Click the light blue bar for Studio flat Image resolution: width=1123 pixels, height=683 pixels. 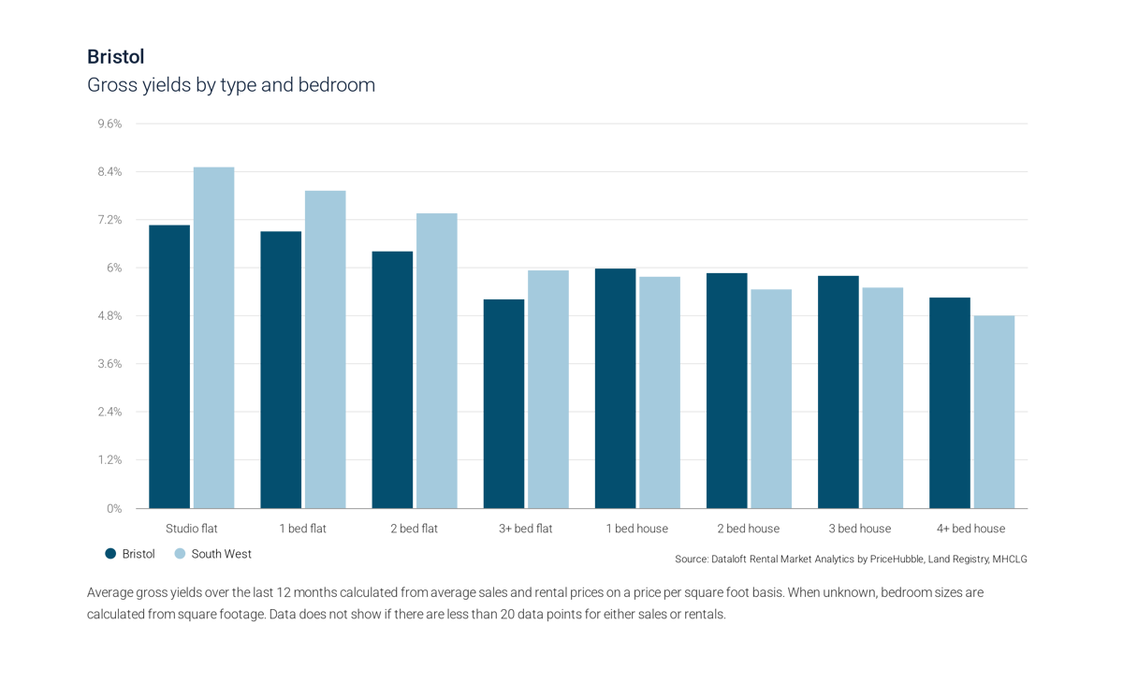(213, 337)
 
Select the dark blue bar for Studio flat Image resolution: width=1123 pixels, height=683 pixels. (169, 365)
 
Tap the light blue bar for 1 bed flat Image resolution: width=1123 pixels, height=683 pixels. (325, 348)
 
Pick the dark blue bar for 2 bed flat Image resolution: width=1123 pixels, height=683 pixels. (392, 379)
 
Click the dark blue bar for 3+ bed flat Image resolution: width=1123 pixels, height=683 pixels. (503, 402)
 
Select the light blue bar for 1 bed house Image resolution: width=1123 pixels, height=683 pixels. (660, 391)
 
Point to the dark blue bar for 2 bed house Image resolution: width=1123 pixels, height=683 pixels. (726, 389)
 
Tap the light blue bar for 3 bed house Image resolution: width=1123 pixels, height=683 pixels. (882, 397)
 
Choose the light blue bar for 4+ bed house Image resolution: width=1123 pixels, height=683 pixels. (994, 412)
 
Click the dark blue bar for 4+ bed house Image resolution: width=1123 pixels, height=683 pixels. (949, 401)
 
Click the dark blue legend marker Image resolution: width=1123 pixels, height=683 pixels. (111, 554)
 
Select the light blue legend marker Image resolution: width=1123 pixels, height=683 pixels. (180, 554)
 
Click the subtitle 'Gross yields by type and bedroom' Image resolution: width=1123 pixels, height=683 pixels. (231, 85)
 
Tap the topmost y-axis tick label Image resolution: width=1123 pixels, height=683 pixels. (110, 124)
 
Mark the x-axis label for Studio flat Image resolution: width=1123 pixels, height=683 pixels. (191, 529)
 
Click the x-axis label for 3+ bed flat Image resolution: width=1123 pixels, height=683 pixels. (525, 529)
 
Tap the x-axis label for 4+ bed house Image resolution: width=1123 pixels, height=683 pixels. (970, 529)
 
